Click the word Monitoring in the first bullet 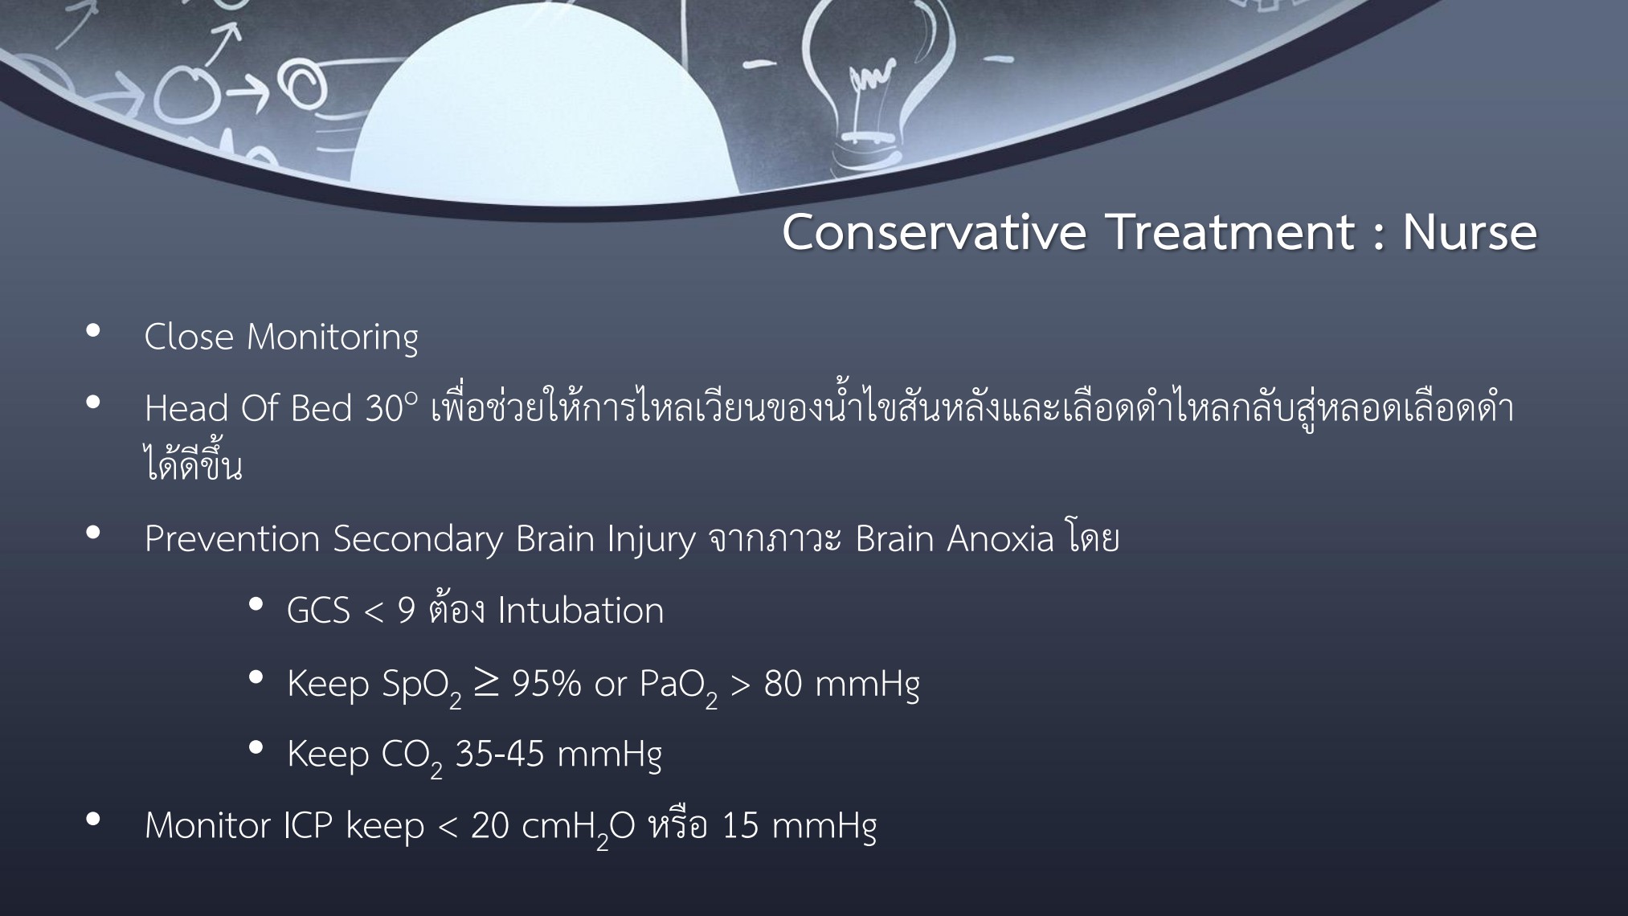click(x=333, y=337)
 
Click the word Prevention click(x=232, y=538)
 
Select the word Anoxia click(x=1000, y=538)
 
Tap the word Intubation click(x=581, y=611)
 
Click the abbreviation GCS click(x=318, y=611)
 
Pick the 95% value click(x=546, y=684)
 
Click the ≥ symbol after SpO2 click(x=486, y=683)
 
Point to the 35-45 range click(x=500, y=754)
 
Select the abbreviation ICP click(x=308, y=826)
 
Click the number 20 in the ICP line click(x=489, y=826)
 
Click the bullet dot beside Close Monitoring click(x=93, y=330)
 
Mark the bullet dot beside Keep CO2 click(x=256, y=748)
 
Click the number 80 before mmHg click(x=783, y=684)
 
